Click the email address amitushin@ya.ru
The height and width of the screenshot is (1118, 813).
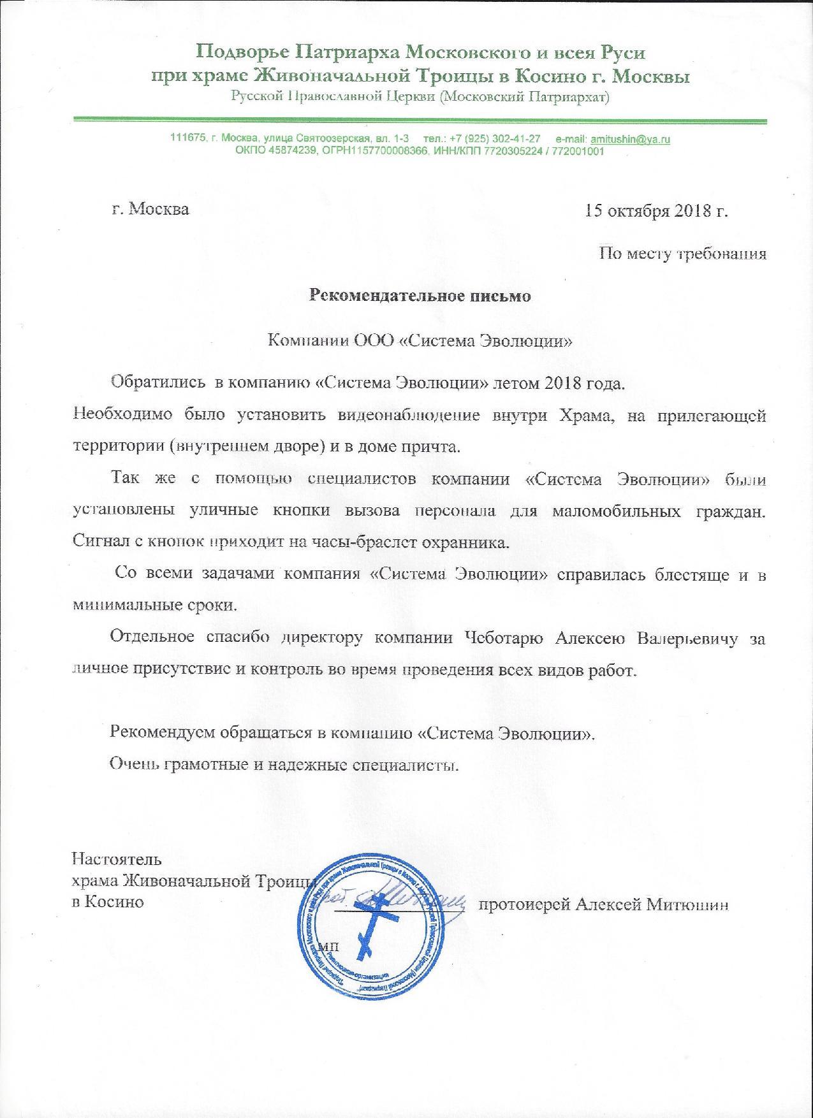pyautogui.click(x=630, y=139)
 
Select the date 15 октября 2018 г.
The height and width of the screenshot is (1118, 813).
pyautogui.click(x=657, y=210)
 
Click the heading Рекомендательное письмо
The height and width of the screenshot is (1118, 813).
pyautogui.click(x=420, y=296)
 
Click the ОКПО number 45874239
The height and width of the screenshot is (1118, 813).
pyautogui.click(x=289, y=151)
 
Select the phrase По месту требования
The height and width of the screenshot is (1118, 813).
pyautogui.click(x=682, y=254)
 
